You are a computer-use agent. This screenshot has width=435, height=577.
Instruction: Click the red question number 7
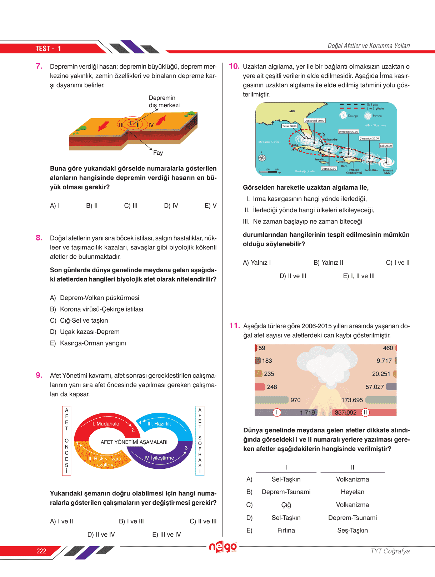click(x=39, y=66)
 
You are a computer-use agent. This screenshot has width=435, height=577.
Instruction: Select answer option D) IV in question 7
click(x=171, y=206)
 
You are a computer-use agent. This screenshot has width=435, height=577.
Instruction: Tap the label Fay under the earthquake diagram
click(x=158, y=153)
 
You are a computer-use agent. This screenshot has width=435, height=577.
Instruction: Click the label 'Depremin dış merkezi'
click(x=164, y=101)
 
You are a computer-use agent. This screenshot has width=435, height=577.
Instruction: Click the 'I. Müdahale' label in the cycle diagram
click(x=106, y=424)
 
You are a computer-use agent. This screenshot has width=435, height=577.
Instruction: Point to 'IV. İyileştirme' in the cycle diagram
click(x=159, y=458)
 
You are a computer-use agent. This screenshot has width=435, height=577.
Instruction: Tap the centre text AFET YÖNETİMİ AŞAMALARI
click(x=134, y=442)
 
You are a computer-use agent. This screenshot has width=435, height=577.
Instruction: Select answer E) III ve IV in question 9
click(x=166, y=534)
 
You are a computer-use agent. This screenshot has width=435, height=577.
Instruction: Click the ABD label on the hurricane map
click(x=292, y=111)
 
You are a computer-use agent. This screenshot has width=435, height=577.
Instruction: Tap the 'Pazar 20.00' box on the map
click(x=289, y=126)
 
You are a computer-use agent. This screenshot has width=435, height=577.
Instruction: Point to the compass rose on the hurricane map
click(x=262, y=158)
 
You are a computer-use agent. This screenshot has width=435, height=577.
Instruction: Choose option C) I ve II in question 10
click(x=397, y=263)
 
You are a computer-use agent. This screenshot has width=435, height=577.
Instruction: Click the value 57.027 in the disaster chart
click(x=374, y=387)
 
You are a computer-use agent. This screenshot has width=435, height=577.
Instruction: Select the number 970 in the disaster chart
click(x=295, y=400)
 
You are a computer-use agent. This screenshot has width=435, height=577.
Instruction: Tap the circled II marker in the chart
click(x=365, y=413)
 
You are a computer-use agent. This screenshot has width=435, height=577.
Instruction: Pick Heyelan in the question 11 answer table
click(x=352, y=492)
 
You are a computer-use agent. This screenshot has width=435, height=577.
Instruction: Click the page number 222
click(x=41, y=551)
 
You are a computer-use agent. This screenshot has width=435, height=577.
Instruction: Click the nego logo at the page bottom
click(x=223, y=547)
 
